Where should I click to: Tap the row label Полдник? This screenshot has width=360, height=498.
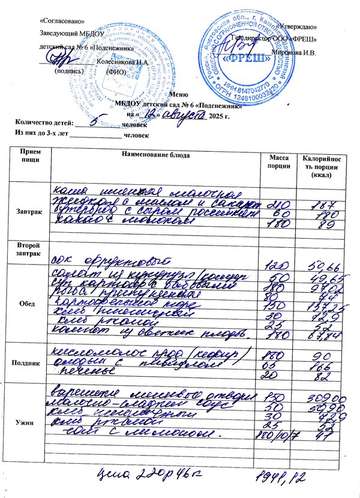[29, 364]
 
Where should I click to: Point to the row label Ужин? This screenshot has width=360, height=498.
[29, 422]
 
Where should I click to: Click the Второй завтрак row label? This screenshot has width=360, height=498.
[29, 250]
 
